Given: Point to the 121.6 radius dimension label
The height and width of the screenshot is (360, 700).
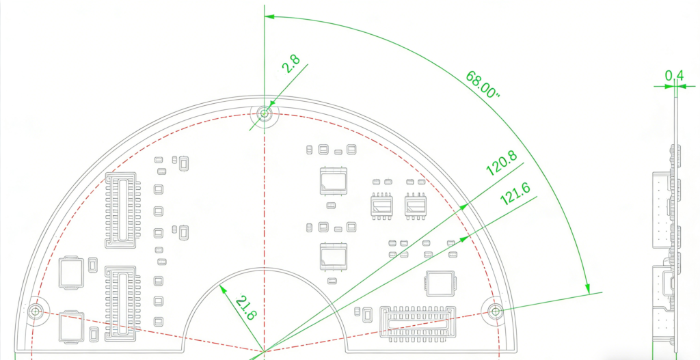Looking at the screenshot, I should coord(516,196).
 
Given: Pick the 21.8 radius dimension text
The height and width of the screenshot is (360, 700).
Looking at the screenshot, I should coord(245,308).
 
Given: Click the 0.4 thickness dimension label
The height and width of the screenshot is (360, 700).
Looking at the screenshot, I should coord(674,74).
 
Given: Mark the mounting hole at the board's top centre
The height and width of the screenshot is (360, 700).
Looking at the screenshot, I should coord(265,113).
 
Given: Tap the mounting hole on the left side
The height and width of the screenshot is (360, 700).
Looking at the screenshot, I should coord(36,311).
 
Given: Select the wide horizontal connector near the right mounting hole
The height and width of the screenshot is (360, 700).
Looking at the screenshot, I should coord(416,322).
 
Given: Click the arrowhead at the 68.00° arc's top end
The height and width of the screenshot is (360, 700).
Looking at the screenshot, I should coord(267,16).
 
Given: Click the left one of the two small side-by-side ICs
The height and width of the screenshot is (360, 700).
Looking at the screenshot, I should coord(381,205).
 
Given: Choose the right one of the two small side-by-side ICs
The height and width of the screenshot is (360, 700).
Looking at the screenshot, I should coord(415,205).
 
